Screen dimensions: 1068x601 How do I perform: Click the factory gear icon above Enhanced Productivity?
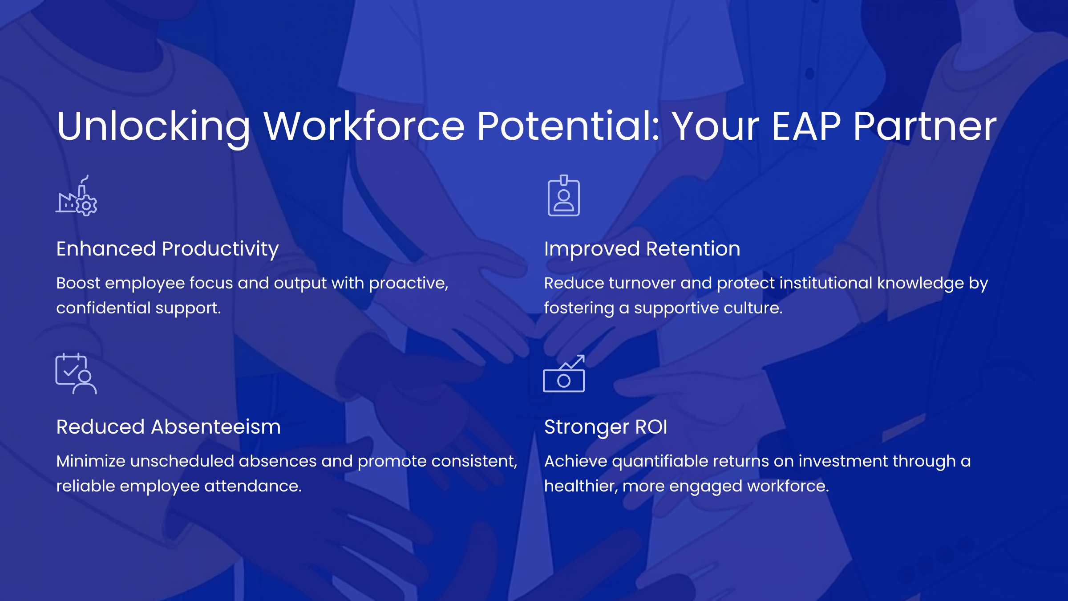point(77,196)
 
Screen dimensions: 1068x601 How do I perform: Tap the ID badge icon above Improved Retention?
point(564,196)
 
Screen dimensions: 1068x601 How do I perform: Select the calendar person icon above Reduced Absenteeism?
point(76,374)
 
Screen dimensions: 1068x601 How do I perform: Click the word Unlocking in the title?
point(154,127)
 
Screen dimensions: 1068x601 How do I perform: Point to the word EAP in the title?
point(806,126)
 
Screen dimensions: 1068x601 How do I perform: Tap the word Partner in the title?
point(925,126)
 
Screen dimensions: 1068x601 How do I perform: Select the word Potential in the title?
point(569,126)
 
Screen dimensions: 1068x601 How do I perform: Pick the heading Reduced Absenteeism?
point(169,427)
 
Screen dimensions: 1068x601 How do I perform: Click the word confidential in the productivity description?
point(103,308)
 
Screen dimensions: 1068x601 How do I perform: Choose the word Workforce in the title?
point(364,126)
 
